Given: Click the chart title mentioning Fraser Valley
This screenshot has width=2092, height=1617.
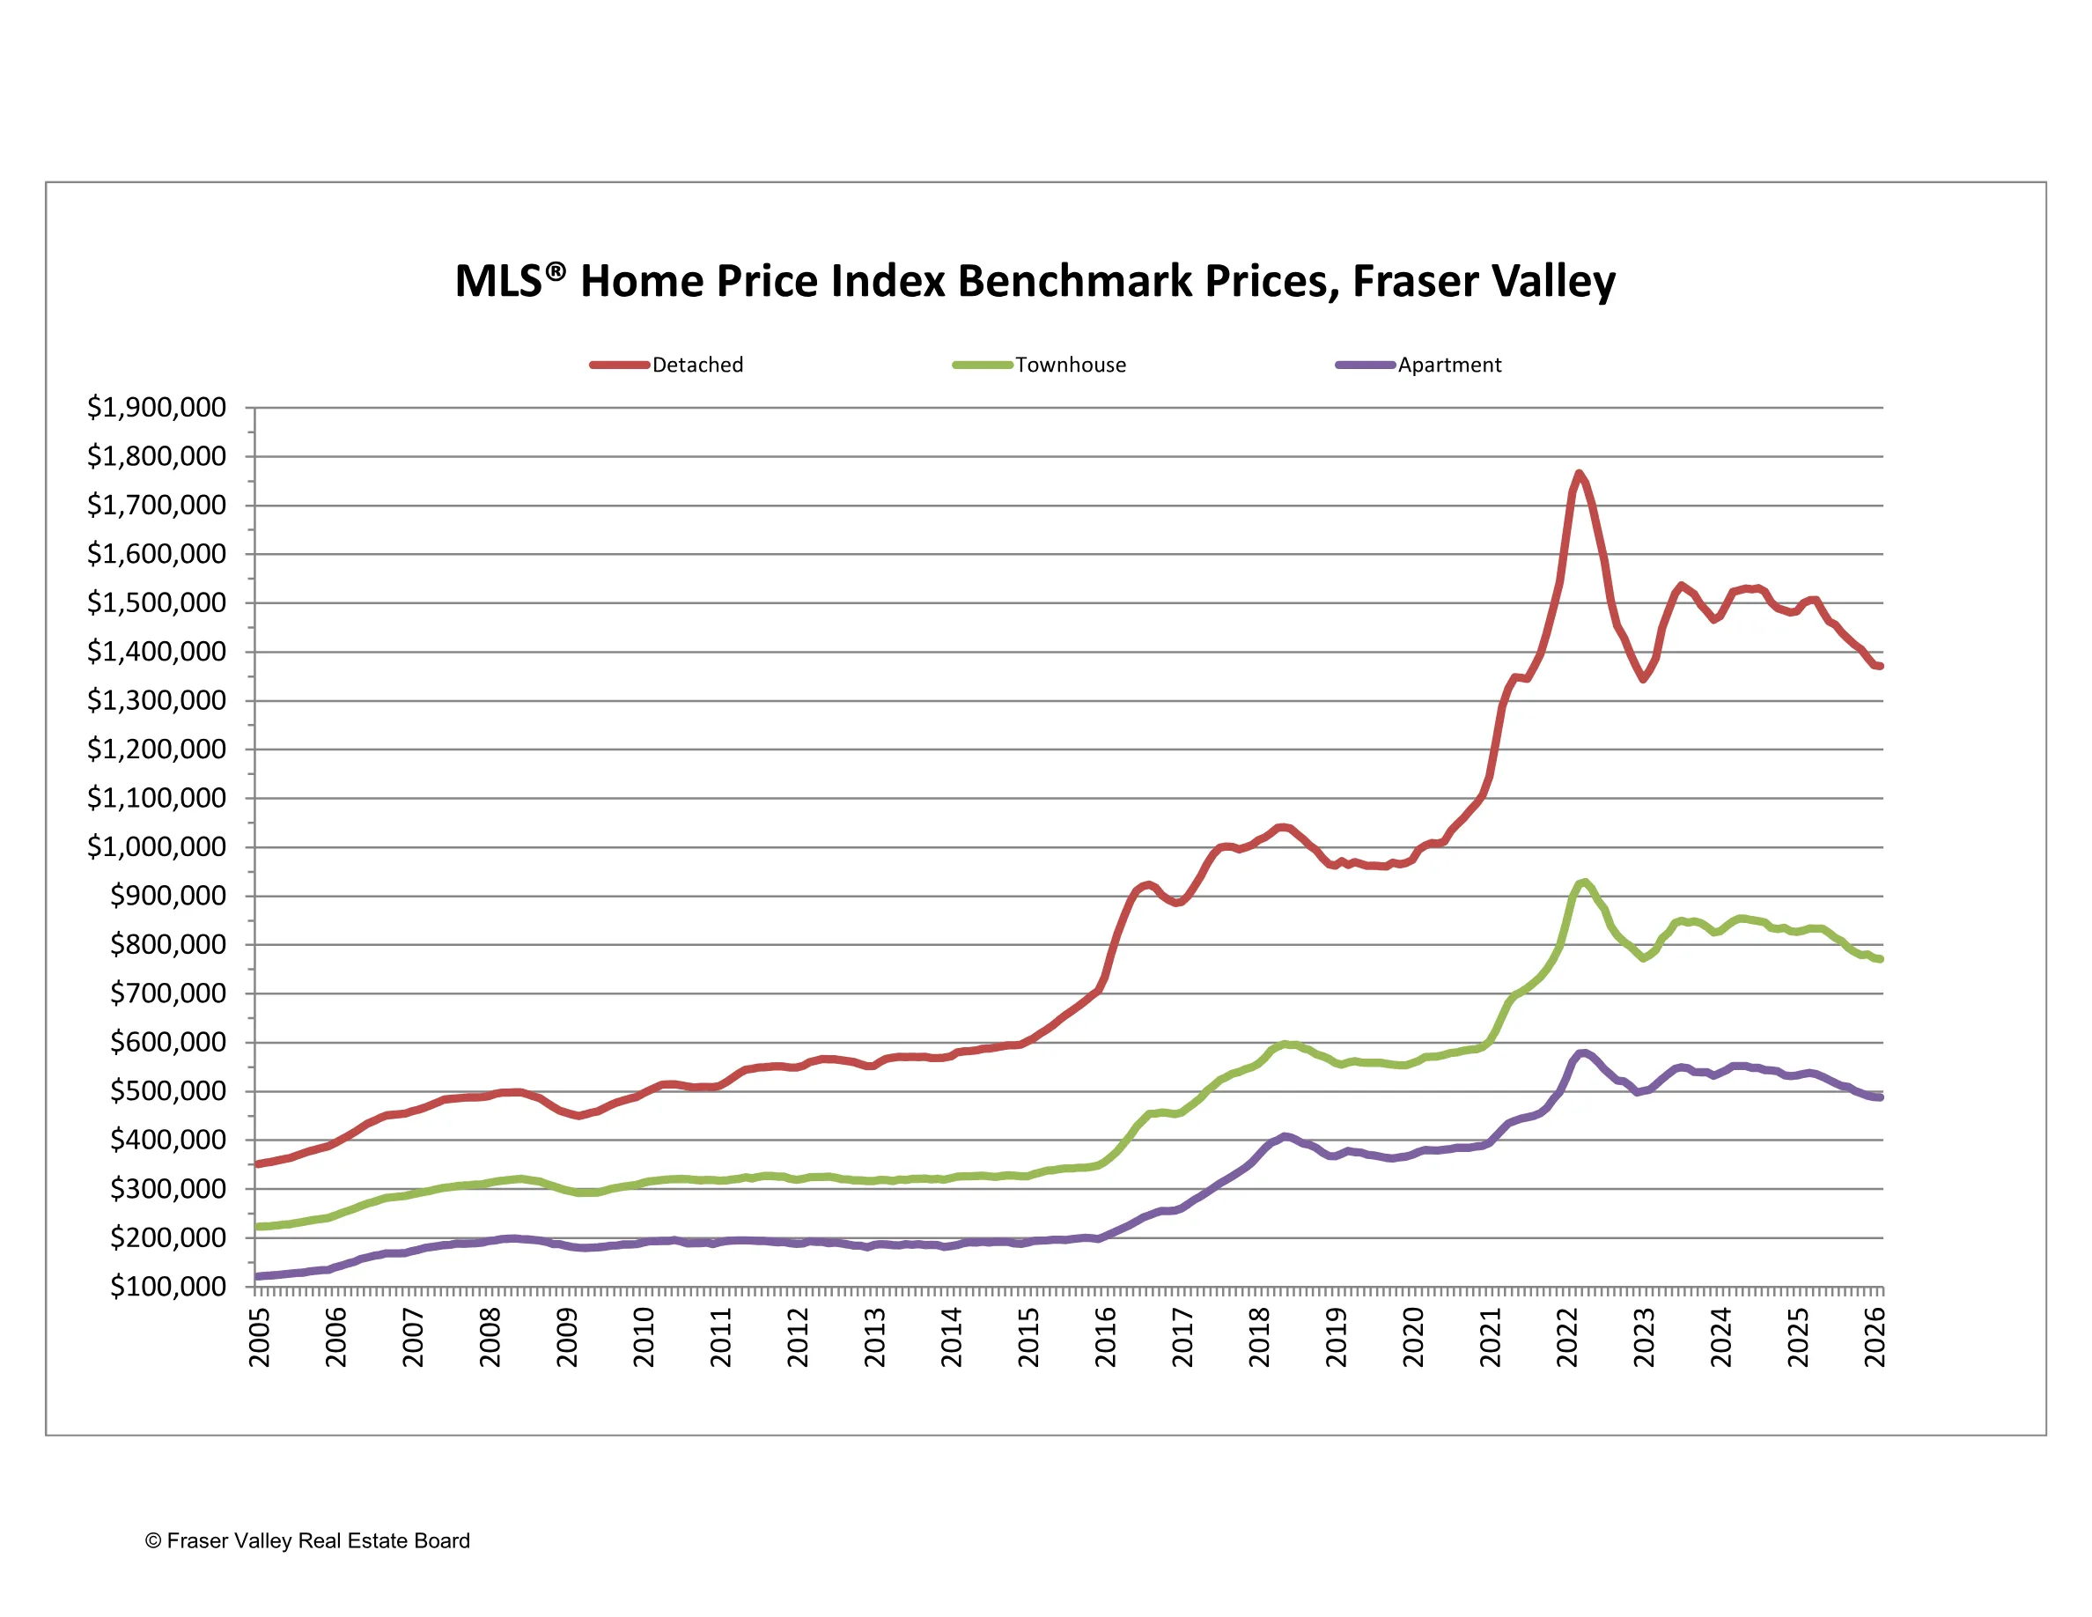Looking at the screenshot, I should click(1035, 282).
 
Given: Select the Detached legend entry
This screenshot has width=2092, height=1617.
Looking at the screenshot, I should click(696, 365).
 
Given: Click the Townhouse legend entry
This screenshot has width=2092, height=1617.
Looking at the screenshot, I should click(1070, 365).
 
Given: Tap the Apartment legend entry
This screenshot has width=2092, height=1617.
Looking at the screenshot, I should click(1448, 365).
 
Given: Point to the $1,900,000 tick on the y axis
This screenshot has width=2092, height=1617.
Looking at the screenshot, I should click(156, 408).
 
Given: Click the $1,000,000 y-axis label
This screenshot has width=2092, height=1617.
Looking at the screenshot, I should click(156, 847).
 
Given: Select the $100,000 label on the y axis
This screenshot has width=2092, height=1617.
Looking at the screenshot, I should click(167, 1287).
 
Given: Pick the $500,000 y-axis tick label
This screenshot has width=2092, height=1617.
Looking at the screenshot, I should click(167, 1091).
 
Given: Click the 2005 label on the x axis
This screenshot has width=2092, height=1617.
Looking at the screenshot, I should click(260, 1337).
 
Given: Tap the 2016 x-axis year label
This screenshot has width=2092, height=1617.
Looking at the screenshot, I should click(1105, 1337).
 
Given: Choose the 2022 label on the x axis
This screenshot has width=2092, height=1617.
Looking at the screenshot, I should click(1567, 1337).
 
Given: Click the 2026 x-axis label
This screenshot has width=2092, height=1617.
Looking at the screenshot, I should click(1875, 1337).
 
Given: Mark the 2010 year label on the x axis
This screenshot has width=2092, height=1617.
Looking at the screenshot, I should click(644, 1337).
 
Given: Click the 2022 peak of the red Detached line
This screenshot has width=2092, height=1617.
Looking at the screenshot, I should click(1579, 473).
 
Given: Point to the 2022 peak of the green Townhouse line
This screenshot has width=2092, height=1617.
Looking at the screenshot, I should click(1585, 882).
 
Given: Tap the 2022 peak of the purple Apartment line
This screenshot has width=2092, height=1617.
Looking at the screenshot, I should click(1582, 1052).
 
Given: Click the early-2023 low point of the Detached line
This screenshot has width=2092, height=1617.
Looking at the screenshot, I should click(1643, 679).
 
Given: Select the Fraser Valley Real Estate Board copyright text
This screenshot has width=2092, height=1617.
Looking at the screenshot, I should click(307, 1540).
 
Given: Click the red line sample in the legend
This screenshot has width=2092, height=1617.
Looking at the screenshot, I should click(619, 365).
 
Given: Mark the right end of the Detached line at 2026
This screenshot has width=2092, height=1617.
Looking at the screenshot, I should click(1881, 667).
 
